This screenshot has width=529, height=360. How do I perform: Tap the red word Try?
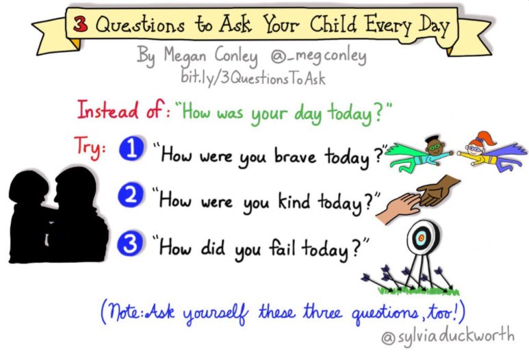pyautogui.click(x=89, y=146)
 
